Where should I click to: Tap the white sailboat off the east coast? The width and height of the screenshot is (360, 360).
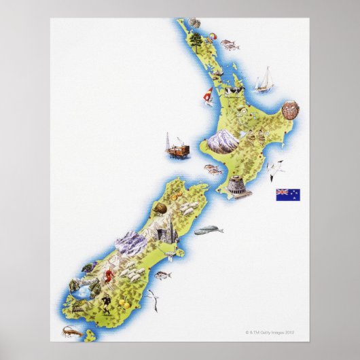(264, 79)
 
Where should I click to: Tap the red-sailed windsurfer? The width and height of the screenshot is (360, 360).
(208, 95)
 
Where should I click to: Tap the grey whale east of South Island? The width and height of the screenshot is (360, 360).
(208, 231)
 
